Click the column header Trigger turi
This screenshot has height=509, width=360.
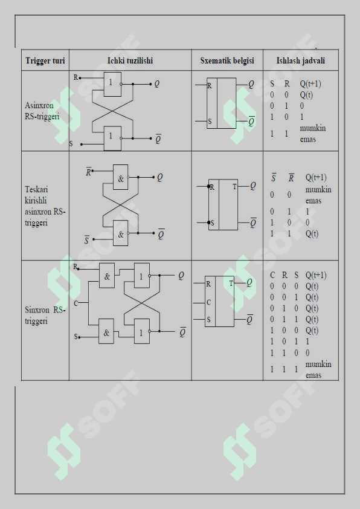(x=45, y=60)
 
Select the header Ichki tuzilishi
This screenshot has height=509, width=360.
(x=130, y=60)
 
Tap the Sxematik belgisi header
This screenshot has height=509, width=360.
(x=227, y=60)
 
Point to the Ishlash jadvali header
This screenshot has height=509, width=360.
(x=300, y=60)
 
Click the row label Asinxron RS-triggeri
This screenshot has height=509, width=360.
(x=42, y=111)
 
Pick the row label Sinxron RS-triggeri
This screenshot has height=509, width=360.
(x=45, y=315)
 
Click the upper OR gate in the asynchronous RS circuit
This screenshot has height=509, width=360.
(x=112, y=84)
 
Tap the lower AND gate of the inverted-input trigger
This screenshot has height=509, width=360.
(x=120, y=233)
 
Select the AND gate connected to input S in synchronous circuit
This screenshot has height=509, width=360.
(x=106, y=331)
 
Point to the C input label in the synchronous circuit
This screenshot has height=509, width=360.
(x=76, y=303)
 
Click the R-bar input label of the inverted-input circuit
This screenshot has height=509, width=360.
(x=88, y=172)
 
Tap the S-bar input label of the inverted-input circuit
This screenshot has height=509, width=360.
(x=86, y=240)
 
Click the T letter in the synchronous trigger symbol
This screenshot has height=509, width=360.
(x=231, y=284)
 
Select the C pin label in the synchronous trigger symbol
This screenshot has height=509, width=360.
(x=208, y=302)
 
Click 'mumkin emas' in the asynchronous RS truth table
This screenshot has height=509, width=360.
(x=313, y=134)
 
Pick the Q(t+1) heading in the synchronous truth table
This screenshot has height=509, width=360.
(x=316, y=275)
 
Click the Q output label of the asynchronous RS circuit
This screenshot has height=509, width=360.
(x=157, y=84)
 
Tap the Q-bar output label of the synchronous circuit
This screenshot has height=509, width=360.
(x=182, y=332)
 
